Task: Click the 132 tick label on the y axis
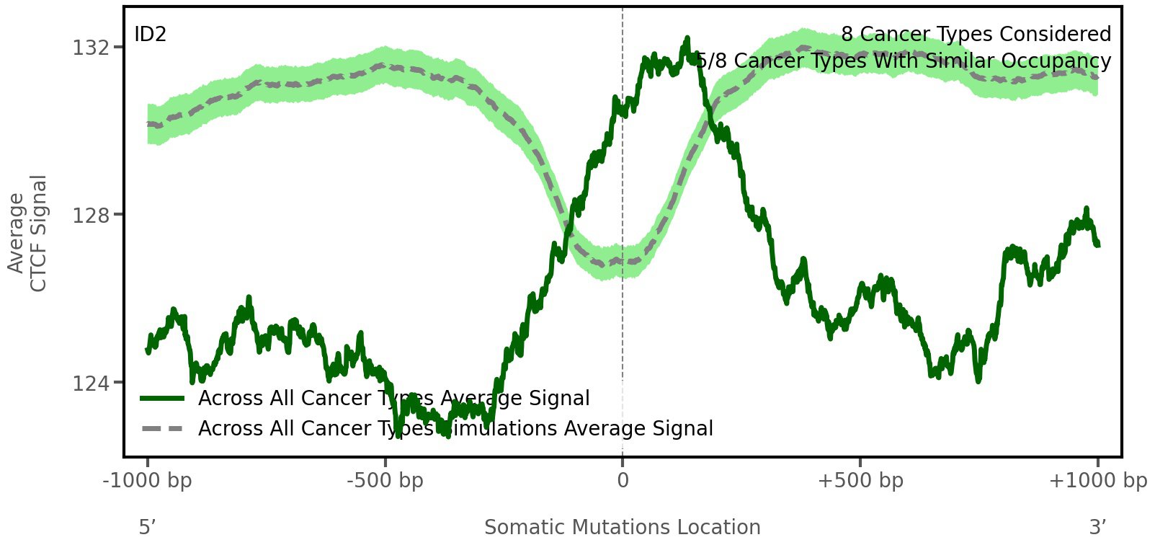pyautogui.click(x=92, y=48)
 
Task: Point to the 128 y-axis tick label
pyautogui.click(x=92, y=215)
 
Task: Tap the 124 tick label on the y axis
pyautogui.click(x=92, y=383)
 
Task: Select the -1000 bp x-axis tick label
pyautogui.click(x=148, y=481)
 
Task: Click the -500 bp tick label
pyautogui.click(x=385, y=481)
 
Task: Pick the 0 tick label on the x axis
pyautogui.click(x=623, y=481)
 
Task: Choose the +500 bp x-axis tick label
pyautogui.click(x=860, y=481)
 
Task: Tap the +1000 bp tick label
pyautogui.click(x=1097, y=481)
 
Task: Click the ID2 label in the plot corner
pyautogui.click(x=151, y=35)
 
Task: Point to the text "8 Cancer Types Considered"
pyautogui.click(x=976, y=35)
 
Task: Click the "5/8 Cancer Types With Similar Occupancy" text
pyautogui.click(x=904, y=61)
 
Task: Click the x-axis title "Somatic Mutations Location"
pyautogui.click(x=623, y=528)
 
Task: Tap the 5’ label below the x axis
pyautogui.click(x=148, y=528)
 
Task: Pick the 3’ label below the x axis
pyautogui.click(x=1097, y=528)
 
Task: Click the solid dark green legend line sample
pyautogui.click(x=164, y=399)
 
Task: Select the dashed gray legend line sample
pyautogui.click(x=164, y=429)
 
